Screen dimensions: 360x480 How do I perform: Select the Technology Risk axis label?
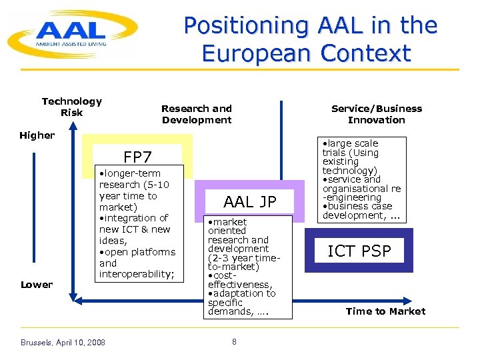coord(71,107)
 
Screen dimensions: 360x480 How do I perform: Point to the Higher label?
coord(37,135)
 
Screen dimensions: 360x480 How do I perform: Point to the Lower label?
coord(36,285)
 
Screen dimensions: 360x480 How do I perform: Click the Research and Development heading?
coord(196,114)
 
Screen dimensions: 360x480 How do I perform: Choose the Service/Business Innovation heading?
coord(377,114)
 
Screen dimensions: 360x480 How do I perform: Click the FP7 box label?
coord(137,157)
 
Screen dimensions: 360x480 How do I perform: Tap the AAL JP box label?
coord(249,202)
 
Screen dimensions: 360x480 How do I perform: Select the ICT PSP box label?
coord(359,251)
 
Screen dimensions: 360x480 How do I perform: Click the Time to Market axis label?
coord(385,311)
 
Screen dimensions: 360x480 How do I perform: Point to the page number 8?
coord(234,342)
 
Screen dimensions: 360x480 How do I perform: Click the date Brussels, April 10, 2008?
coord(62,343)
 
